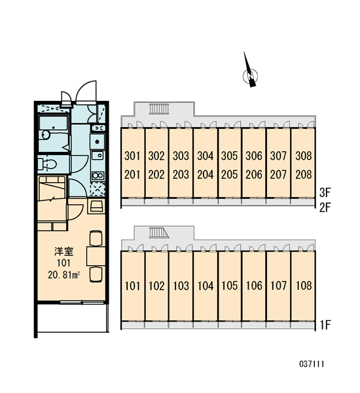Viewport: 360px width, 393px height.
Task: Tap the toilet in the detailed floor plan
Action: point(47,164)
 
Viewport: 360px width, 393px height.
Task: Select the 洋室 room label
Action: point(64,252)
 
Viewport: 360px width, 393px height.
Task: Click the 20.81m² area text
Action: point(64,275)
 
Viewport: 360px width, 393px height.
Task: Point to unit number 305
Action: point(229,156)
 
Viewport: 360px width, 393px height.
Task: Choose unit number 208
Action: point(304,175)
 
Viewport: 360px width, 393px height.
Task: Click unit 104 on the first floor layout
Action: point(206,286)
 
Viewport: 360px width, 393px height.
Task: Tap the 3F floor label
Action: point(325,193)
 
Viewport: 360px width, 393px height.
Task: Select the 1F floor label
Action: point(325,326)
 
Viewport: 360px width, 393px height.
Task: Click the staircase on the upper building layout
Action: point(158,109)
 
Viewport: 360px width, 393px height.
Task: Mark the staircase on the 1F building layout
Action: point(159,233)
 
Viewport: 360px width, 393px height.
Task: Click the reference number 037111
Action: point(312,364)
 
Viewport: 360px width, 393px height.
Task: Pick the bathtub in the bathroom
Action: point(54,134)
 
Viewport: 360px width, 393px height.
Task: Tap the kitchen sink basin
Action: point(98,156)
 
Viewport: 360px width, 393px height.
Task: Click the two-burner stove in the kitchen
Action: point(98,176)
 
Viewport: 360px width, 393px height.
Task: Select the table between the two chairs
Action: point(96,256)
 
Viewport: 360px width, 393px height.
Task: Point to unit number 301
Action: point(132,156)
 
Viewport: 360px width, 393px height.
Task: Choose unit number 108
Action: point(304,286)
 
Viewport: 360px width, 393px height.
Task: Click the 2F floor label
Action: point(325,208)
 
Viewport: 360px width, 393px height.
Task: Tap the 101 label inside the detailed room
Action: point(63,263)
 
